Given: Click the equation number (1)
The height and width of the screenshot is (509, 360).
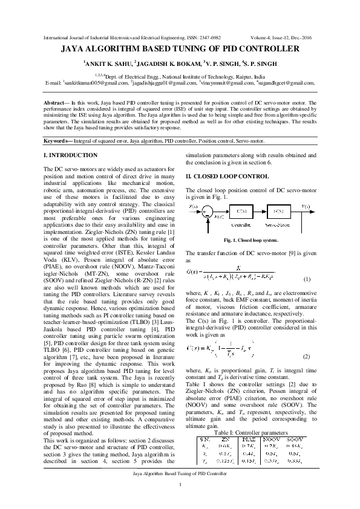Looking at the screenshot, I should [307, 279].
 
